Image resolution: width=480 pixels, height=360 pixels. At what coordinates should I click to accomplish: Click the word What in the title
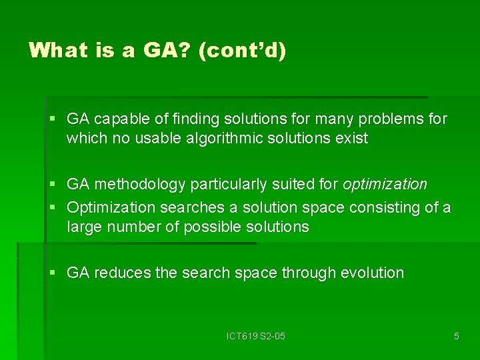pos(57,51)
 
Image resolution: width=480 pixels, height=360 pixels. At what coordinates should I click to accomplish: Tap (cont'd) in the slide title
pos(243,51)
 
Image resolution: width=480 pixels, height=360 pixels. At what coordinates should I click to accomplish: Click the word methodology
pos(141,184)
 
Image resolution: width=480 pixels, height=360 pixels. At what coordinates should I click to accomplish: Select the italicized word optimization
pos(385,184)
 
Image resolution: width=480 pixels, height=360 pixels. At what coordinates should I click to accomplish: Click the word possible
pos(212,227)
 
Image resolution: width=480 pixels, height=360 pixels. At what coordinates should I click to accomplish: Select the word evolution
pos(372,273)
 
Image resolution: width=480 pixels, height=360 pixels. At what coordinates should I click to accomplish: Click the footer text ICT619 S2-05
pos(255,336)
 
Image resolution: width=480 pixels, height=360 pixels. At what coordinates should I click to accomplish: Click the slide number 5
pos(456,336)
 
